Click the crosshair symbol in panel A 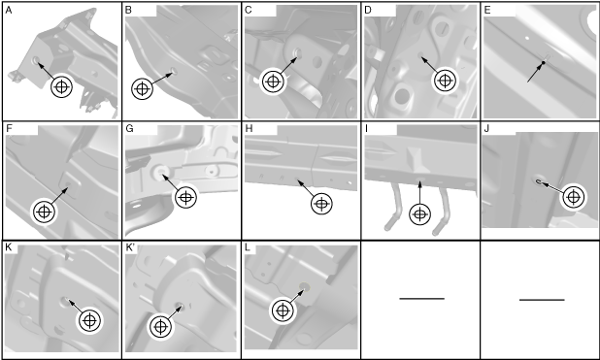pos(61,86)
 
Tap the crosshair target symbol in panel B pos(142,88)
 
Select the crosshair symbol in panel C pos(273,82)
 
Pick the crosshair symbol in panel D pos(445,81)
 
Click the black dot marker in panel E pos(543,62)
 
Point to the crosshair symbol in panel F pos(44,212)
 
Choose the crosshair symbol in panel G pos(186,197)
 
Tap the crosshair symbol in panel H pos(321,204)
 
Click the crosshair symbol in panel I pos(420,214)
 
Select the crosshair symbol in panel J pos(573,197)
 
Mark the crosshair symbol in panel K pos(89,320)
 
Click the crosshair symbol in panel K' pos(161,327)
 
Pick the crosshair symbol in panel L pos(283,311)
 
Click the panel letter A pos(9,11)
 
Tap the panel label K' pos(131,247)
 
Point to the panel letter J pos(486,128)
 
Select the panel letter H pos(249,128)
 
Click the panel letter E pos(487,10)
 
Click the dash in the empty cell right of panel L pos(421,299)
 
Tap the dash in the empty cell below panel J pos(542,300)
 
